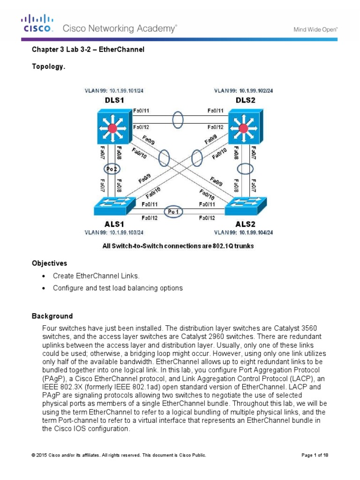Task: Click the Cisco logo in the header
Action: click(37, 23)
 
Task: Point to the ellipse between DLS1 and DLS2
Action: click(178, 119)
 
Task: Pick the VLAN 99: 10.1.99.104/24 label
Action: click(243, 232)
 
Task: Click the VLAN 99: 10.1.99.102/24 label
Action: click(243, 90)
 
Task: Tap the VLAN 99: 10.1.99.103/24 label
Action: click(114, 232)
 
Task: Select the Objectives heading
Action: click(49, 263)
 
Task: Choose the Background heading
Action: click(52, 316)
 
